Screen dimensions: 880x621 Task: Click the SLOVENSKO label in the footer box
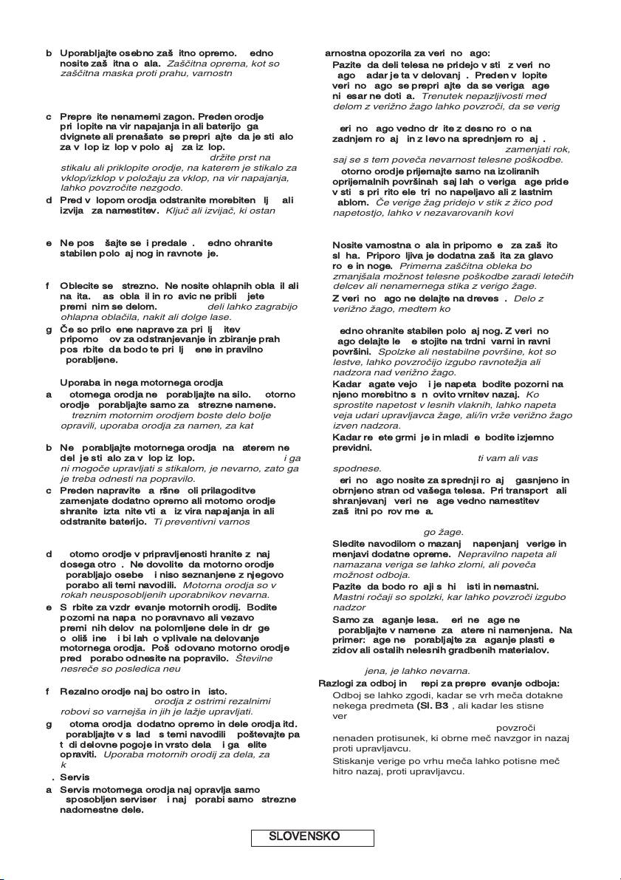click(304, 836)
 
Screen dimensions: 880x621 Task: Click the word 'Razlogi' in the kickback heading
click(337, 683)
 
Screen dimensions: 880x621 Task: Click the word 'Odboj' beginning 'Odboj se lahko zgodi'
click(347, 695)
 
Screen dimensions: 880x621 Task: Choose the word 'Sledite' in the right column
click(349, 544)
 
